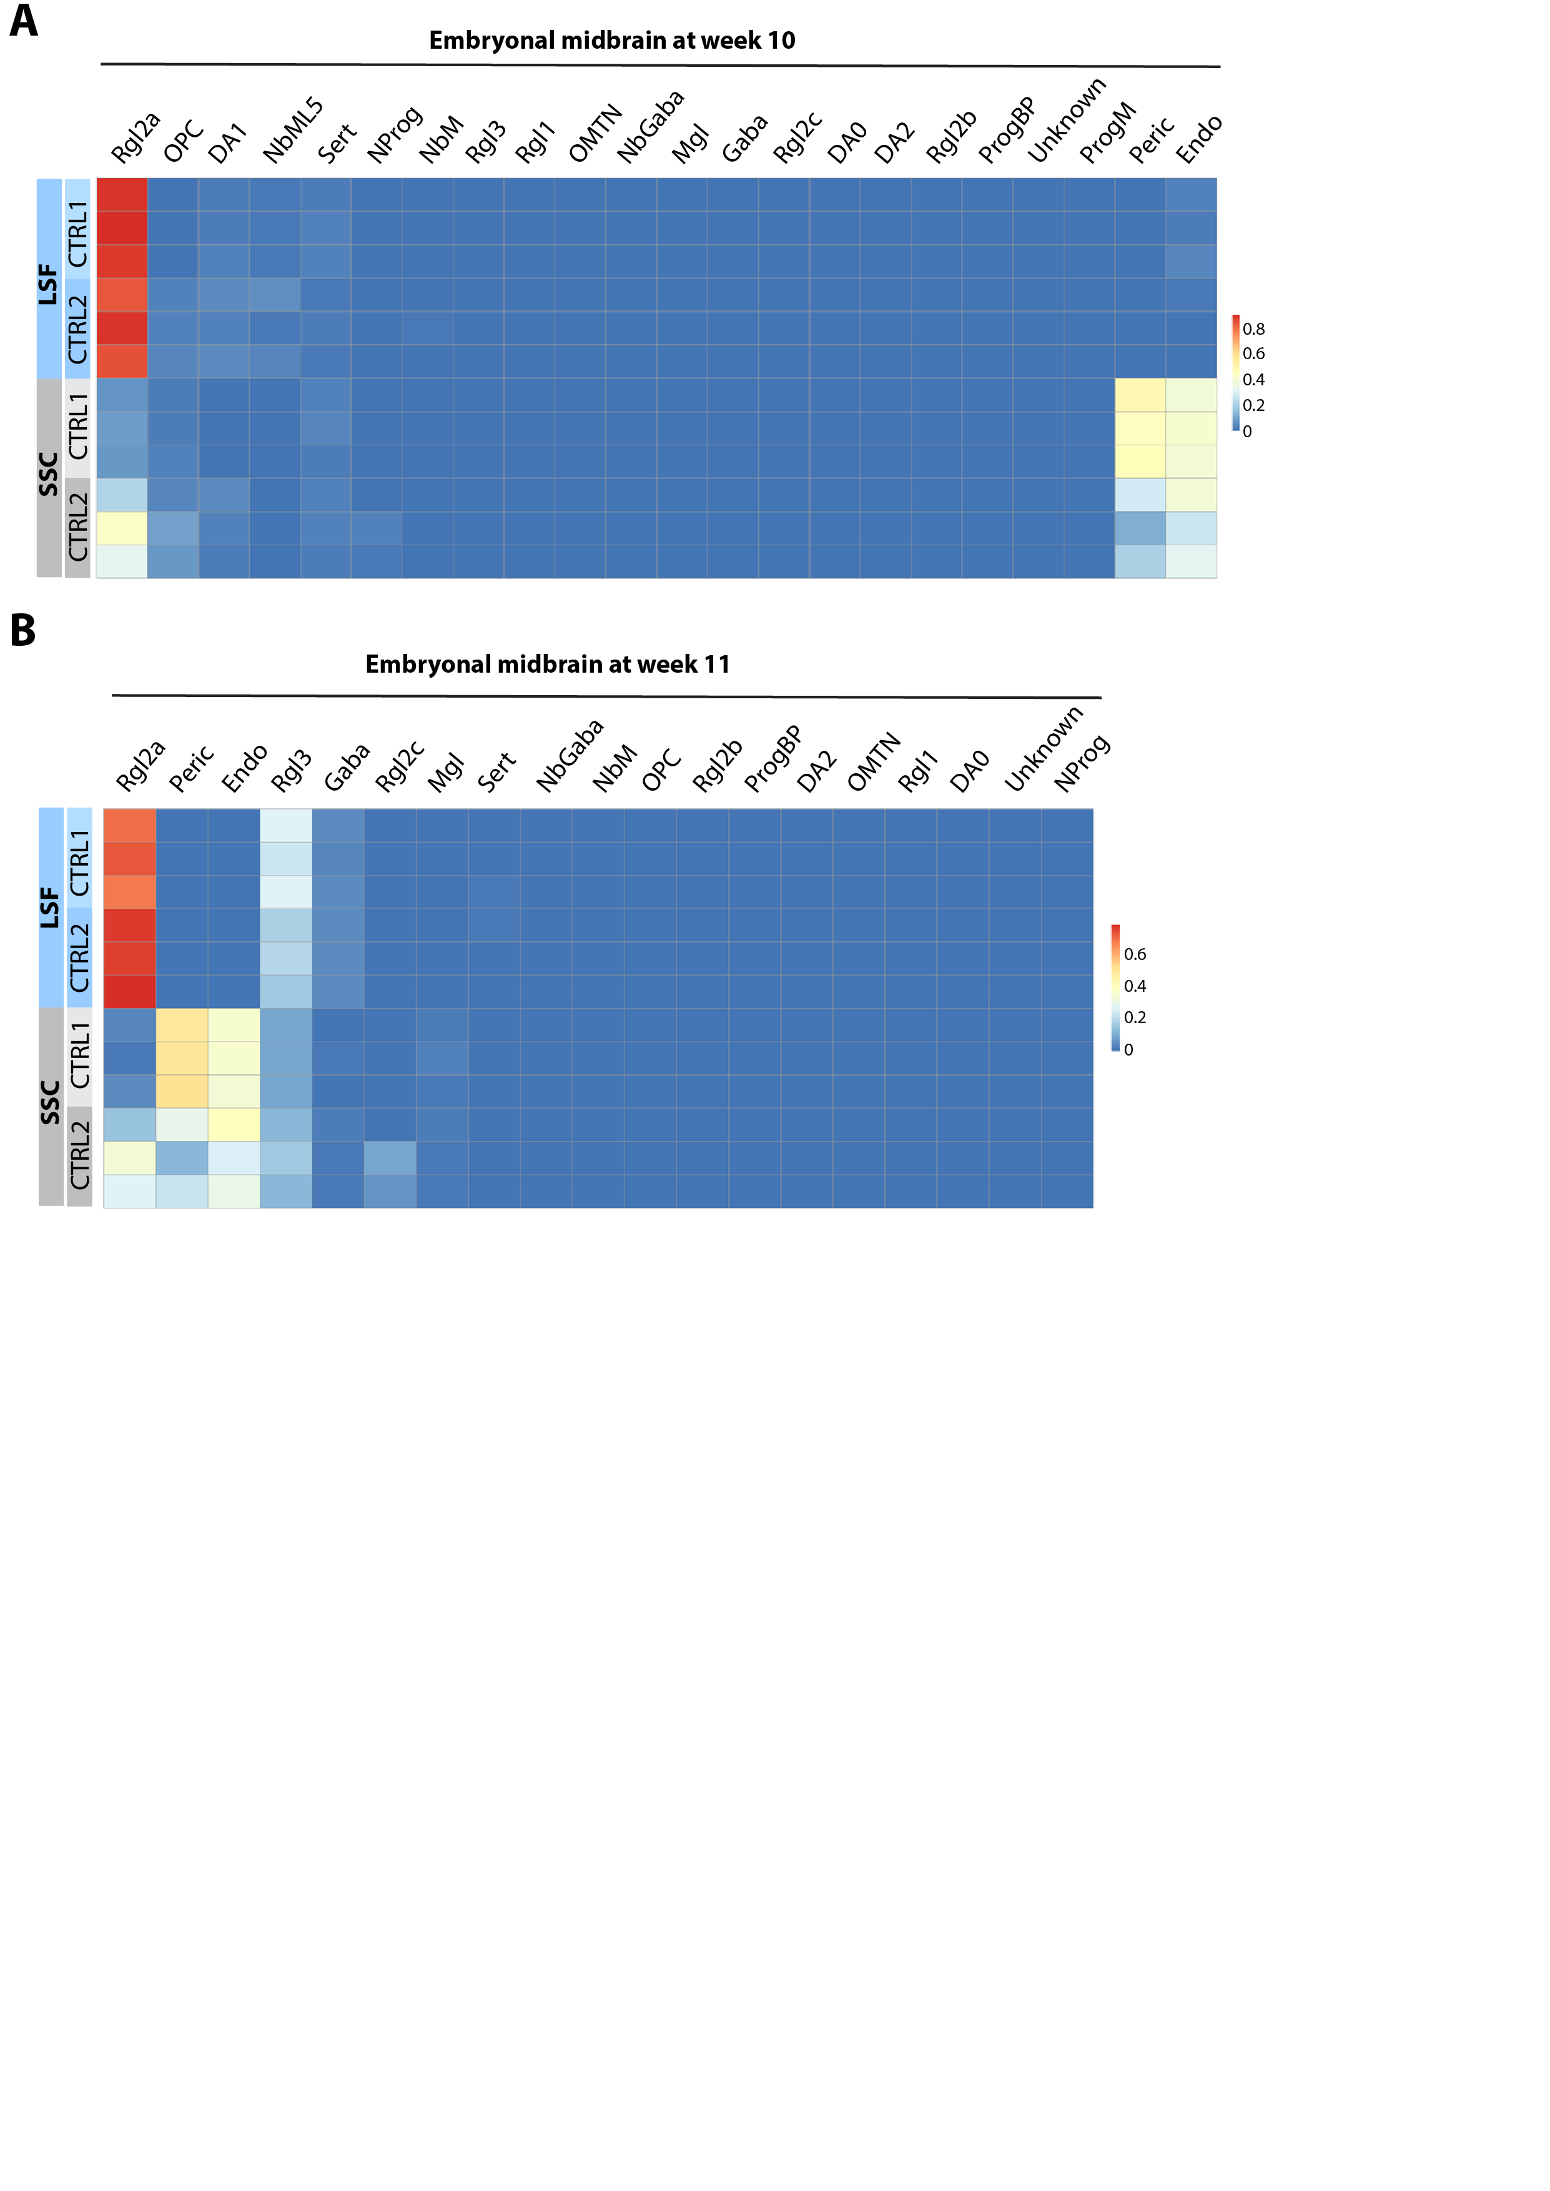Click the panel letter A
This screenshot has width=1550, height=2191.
point(24,21)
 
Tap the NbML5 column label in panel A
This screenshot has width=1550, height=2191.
point(292,132)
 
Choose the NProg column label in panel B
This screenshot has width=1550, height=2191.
point(1082,763)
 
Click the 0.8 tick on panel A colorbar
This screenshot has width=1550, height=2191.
point(1253,329)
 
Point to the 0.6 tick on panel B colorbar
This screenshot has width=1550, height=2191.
point(1135,954)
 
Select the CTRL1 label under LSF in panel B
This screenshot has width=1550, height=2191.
point(80,862)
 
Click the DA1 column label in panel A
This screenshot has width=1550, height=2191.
point(227,143)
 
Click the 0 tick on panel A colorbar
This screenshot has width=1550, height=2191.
point(1246,432)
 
